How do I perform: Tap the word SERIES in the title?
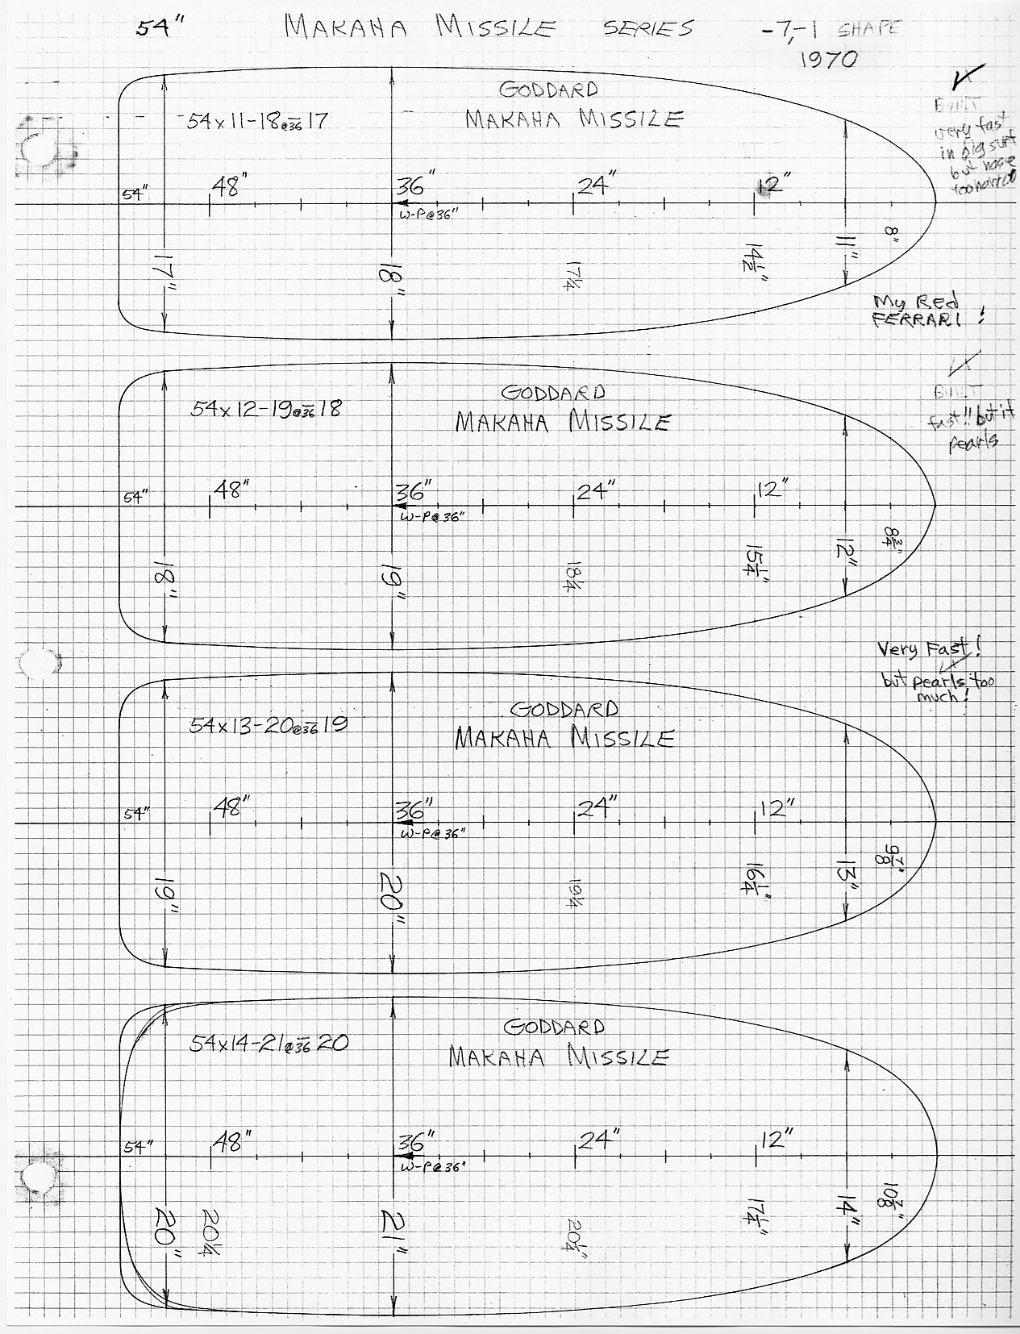(x=648, y=28)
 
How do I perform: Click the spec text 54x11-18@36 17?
(x=257, y=121)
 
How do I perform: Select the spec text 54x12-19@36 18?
(x=265, y=408)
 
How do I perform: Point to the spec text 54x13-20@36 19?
(x=269, y=724)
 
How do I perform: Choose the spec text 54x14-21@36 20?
(x=269, y=1043)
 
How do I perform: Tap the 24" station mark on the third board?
(x=597, y=807)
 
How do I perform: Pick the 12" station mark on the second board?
(x=772, y=490)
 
